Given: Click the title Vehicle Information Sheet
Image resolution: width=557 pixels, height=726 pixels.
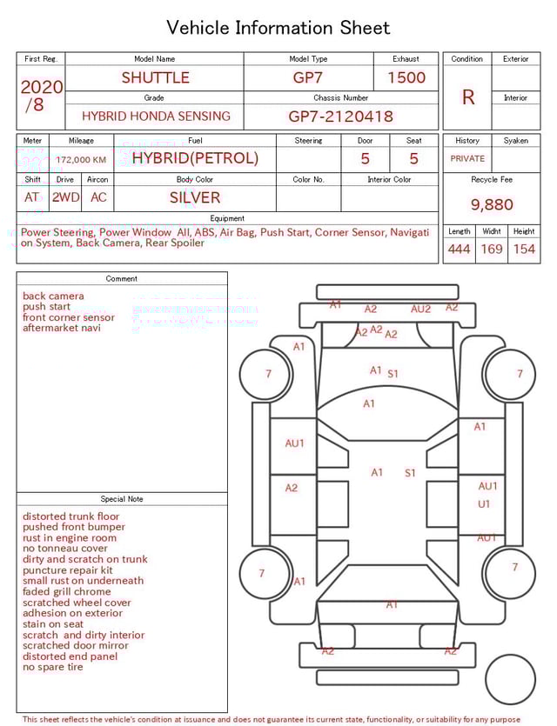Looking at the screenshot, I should pyautogui.click(x=278, y=28).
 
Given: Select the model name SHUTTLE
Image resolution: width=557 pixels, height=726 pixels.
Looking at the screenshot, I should pyautogui.click(x=155, y=77).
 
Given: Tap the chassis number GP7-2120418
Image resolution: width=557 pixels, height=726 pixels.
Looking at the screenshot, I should pyautogui.click(x=340, y=116).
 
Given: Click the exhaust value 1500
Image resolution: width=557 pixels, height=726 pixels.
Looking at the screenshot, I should pyautogui.click(x=406, y=77).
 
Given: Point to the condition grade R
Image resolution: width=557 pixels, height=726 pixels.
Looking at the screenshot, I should pyautogui.click(x=467, y=97).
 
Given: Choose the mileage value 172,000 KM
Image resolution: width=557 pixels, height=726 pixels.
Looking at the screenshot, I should pyautogui.click(x=81, y=160).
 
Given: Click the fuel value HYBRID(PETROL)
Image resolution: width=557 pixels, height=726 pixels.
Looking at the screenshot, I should pyautogui.click(x=195, y=158).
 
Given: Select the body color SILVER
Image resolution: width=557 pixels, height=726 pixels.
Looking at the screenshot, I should pyautogui.click(x=195, y=197).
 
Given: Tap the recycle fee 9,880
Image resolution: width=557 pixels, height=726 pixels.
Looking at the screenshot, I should pyautogui.click(x=492, y=204).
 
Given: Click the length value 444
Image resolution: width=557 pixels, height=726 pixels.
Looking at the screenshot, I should pyautogui.click(x=459, y=250).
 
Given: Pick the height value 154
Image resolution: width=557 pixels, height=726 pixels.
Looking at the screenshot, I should pyautogui.click(x=524, y=250).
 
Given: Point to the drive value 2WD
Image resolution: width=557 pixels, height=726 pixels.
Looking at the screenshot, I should pyautogui.click(x=65, y=197).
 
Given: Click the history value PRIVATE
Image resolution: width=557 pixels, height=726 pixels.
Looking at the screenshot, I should pyautogui.click(x=467, y=159).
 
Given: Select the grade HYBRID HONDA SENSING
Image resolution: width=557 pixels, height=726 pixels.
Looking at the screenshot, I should pyautogui.click(x=156, y=116).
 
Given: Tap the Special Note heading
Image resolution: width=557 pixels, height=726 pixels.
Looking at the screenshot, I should pyautogui.click(x=122, y=499).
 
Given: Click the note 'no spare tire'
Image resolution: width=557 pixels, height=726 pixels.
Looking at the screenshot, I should pyautogui.click(x=53, y=667).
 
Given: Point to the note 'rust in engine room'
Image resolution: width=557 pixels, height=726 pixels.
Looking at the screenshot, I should pyautogui.click(x=70, y=538).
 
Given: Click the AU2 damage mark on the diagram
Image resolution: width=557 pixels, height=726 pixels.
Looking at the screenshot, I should pyautogui.click(x=420, y=309).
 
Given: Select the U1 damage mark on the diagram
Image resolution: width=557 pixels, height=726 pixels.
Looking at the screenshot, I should pyautogui.click(x=484, y=504).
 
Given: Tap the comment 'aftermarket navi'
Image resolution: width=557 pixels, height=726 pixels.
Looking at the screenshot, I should pyautogui.click(x=62, y=328).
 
